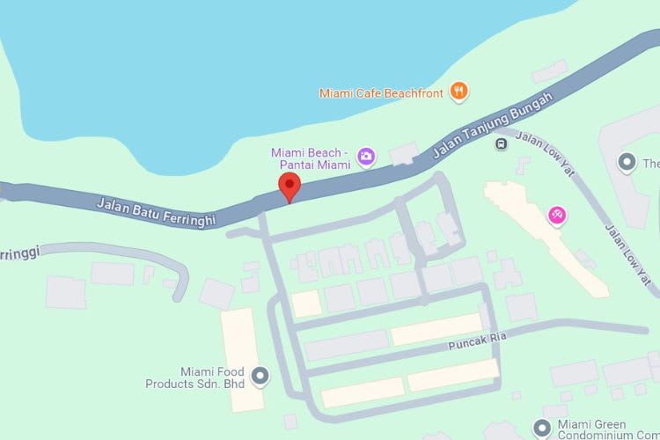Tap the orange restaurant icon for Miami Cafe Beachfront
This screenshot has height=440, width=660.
point(458,90)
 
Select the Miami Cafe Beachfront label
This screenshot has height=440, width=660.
point(382,91)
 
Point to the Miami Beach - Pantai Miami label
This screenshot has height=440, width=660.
point(311,158)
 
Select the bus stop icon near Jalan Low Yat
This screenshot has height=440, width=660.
point(501,143)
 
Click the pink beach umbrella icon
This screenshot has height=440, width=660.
point(556,214)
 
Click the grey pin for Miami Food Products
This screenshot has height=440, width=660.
point(260,378)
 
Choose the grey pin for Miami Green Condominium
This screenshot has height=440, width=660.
point(543,429)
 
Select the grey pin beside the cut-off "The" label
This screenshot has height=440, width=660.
point(627,163)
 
